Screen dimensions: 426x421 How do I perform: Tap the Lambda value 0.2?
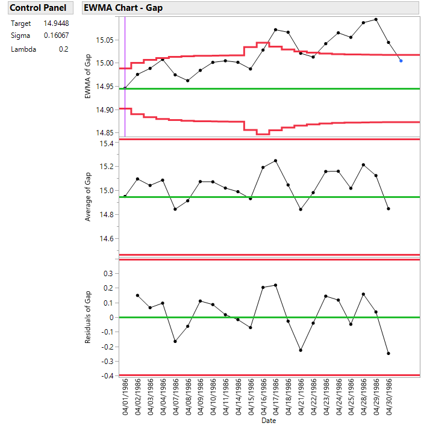(x=63, y=49)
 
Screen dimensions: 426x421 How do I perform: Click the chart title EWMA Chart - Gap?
(x=123, y=8)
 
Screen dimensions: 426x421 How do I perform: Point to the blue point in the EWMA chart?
(x=401, y=61)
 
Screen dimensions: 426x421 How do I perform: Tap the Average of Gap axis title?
(x=87, y=196)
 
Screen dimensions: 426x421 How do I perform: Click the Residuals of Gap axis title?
(x=87, y=316)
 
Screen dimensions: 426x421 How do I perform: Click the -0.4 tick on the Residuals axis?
(x=106, y=376)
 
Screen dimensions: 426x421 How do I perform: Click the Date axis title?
(x=269, y=421)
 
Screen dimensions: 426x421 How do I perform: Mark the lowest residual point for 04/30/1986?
(x=388, y=353)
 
